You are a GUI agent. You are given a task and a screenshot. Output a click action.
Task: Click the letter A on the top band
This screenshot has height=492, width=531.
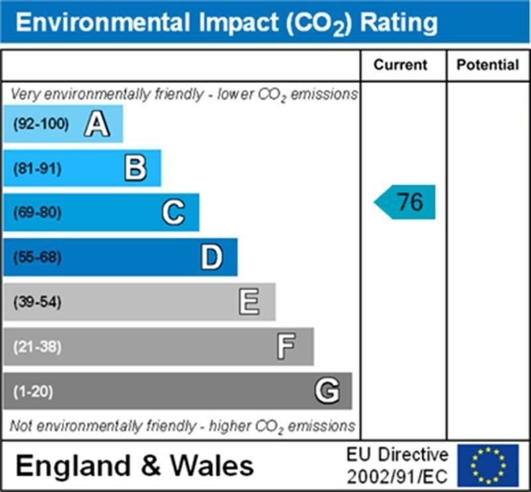click(97, 124)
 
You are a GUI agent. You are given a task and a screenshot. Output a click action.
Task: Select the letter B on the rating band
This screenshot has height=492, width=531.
click(135, 168)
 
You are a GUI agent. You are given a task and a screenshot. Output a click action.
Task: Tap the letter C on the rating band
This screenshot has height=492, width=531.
click(173, 213)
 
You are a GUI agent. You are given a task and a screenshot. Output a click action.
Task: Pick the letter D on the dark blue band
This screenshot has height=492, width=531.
click(212, 257)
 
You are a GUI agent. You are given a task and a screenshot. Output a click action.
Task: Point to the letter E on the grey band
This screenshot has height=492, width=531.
click(250, 303)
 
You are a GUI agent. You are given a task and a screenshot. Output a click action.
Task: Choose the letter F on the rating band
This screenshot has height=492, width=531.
click(287, 346)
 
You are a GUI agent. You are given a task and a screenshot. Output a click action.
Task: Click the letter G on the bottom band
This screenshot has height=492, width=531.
click(326, 391)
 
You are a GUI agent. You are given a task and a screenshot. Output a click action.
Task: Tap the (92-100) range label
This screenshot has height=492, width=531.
click(41, 124)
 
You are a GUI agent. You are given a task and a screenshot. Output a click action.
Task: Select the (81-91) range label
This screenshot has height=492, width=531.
click(37, 169)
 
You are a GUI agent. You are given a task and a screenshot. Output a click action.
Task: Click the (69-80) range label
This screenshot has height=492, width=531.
click(37, 213)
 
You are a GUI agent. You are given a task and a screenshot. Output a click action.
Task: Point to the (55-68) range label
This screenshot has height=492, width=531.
click(37, 257)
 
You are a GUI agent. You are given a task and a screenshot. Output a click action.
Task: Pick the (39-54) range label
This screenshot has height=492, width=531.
click(37, 303)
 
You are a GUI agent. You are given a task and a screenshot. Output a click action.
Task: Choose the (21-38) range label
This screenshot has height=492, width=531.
click(37, 346)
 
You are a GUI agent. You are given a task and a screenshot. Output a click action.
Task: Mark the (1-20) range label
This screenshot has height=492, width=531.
click(33, 392)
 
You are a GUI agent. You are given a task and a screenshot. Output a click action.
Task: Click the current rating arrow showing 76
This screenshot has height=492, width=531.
click(406, 202)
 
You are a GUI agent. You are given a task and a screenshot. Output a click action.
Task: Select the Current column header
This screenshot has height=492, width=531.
click(401, 65)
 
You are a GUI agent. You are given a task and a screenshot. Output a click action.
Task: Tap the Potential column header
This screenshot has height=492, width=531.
click(488, 65)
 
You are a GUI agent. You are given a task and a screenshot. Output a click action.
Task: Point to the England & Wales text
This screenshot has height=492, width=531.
click(135, 465)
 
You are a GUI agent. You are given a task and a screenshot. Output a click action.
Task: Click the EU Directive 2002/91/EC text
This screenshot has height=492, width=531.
click(397, 465)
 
